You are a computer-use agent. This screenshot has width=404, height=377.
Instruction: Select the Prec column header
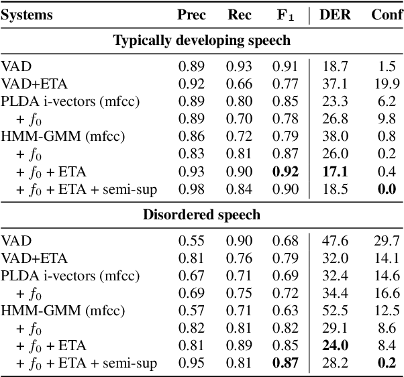[x=192, y=15]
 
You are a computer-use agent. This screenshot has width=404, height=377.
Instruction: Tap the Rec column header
[x=240, y=15]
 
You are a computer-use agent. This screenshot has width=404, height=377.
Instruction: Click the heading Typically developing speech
[x=201, y=40]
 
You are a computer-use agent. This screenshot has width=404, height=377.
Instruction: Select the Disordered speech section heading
[x=201, y=215]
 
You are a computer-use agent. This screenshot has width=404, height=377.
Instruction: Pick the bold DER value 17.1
[x=337, y=172]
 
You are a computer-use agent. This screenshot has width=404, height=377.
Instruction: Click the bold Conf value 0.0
[x=387, y=189]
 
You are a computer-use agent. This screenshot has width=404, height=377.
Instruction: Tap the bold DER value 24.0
[x=337, y=346]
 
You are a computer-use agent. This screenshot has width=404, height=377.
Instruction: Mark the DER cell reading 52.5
[x=337, y=311]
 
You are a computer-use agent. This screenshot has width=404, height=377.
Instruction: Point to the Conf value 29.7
[x=387, y=241]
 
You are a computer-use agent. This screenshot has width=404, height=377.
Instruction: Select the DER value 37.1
[x=337, y=85]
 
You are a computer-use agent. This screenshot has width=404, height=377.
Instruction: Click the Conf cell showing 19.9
[x=387, y=85]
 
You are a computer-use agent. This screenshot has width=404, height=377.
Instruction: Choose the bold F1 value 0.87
[x=286, y=364]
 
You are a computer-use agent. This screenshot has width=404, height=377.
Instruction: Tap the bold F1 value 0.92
[x=286, y=172]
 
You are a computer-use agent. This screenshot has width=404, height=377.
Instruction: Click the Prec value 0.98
[x=192, y=189]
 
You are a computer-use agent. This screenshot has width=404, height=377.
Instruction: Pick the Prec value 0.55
[x=192, y=241]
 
